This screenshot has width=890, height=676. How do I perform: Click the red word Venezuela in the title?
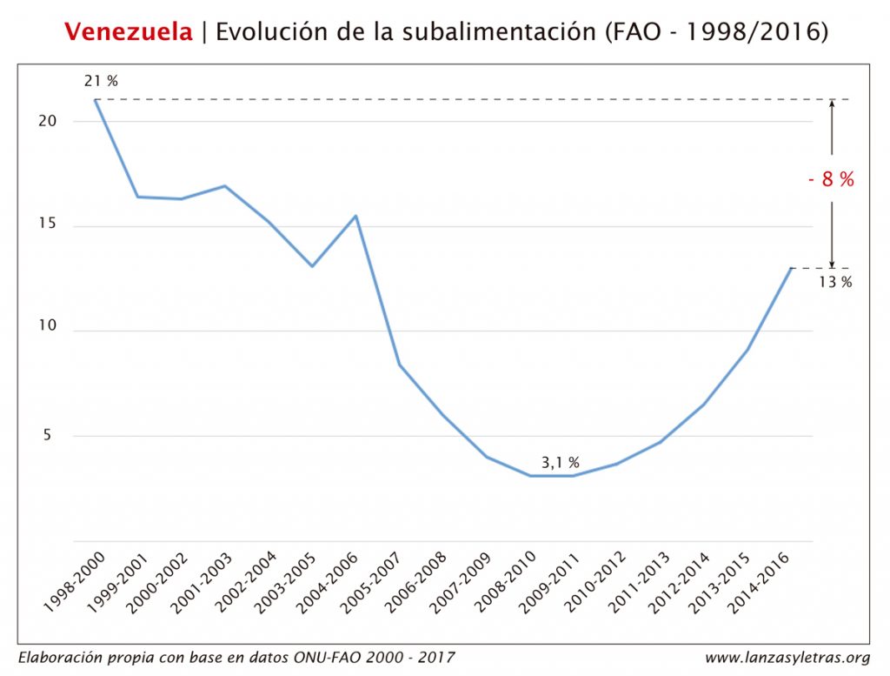[x=129, y=32]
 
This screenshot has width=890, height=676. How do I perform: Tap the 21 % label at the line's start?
[x=101, y=81]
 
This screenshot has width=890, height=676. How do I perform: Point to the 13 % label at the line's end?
[x=835, y=282]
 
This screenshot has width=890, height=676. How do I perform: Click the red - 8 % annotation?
[x=831, y=180]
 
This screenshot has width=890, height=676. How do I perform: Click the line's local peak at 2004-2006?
[x=355, y=216]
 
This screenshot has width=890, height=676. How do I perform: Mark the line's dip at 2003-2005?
[x=312, y=265]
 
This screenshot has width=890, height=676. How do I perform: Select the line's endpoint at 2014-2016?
[x=791, y=268]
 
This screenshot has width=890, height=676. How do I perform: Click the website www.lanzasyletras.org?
[x=787, y=657]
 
